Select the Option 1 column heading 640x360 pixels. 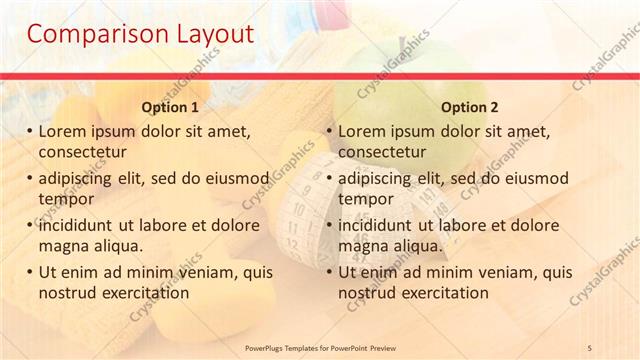170,107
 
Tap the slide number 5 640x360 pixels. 589,346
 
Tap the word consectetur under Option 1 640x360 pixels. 82,152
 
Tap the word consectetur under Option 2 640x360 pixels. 382,152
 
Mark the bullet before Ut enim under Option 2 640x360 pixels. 329,272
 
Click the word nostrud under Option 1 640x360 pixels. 68,293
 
